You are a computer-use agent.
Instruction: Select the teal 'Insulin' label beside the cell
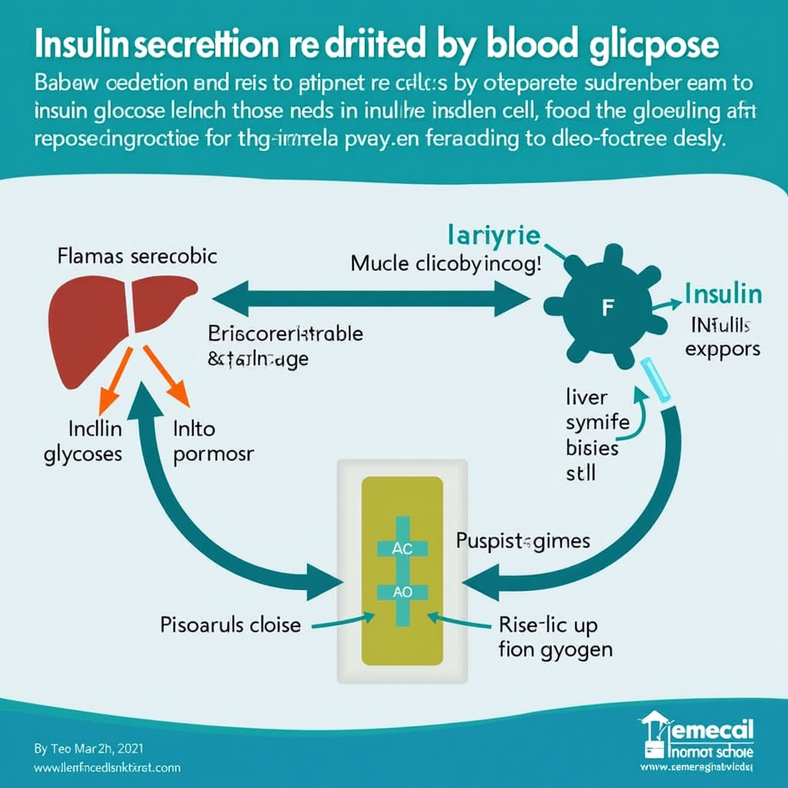tap(723, 294)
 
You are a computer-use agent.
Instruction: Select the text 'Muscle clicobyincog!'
tap(446, 264)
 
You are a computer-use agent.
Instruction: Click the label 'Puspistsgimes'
tap(524, 540)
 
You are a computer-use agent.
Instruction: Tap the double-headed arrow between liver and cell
tap(366, 298)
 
